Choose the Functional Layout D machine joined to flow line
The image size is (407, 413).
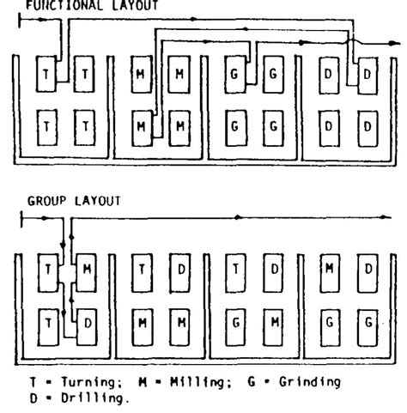[x=367, y=76]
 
